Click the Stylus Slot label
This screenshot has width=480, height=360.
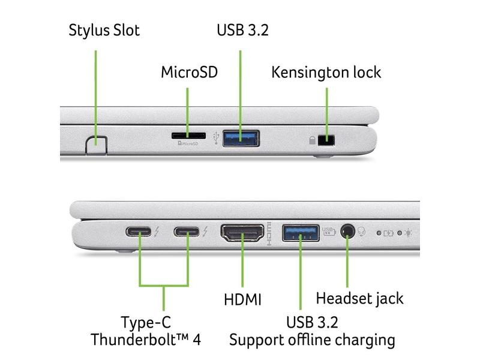tap(104, 30)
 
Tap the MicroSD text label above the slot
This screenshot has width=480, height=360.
tap(188, 73)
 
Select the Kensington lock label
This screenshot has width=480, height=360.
tap(326, 73)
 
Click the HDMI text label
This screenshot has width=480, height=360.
tap(242, 299)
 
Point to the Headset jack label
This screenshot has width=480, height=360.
tap(359, 298)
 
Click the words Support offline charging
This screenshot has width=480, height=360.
tap(312, 340)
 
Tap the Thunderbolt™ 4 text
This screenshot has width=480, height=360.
tap(146, 340)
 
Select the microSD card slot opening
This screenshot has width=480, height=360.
tap(188, 136)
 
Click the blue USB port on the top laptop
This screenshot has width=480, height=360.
tap(242, 137)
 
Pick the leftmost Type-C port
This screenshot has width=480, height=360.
tap(140, 231)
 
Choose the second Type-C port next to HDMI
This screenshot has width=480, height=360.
tap(188, 231)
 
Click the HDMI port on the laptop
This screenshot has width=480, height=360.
tap(242, 232)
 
